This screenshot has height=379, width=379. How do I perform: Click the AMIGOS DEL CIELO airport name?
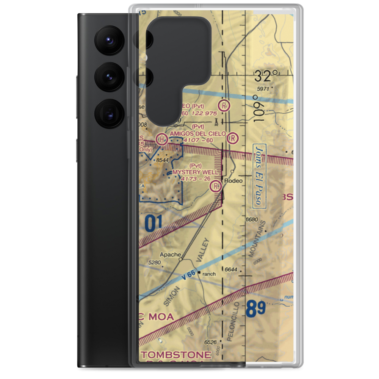(197, 134)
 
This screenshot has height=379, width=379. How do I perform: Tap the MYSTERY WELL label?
(195, 172)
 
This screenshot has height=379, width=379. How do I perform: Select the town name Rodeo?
(233, 181)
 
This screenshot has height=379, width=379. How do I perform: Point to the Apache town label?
(170, 254)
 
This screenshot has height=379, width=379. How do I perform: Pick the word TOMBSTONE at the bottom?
(176, 355)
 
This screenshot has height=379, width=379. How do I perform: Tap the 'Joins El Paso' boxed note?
(259, 176)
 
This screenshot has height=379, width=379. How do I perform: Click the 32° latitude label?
(269, 77)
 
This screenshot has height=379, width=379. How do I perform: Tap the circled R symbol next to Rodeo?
(216, 186)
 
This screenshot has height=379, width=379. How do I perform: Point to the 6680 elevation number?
(251, 219)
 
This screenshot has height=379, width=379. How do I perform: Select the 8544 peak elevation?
(162, 160)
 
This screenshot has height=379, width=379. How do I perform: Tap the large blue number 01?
(153, 223)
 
